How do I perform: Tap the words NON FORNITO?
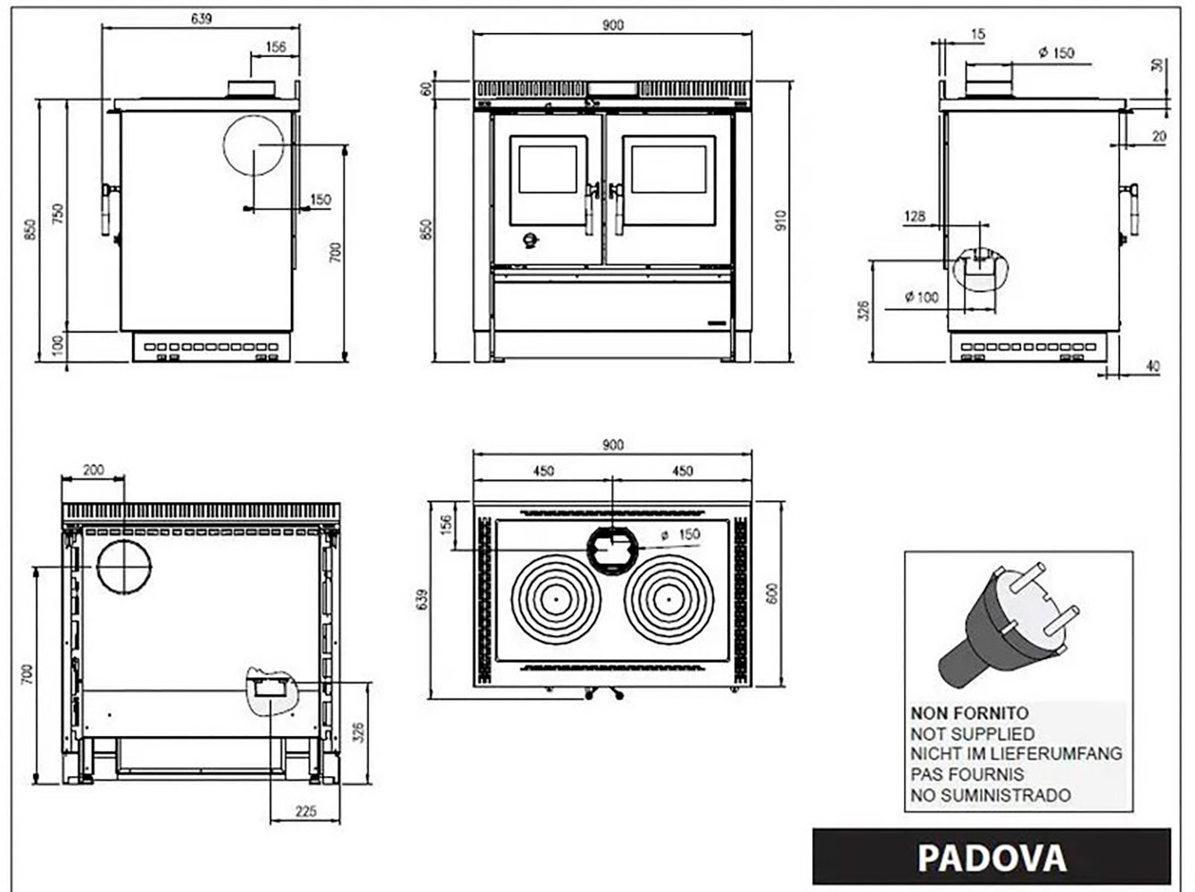pos(969,713)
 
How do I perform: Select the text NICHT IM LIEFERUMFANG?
pos(1017,754)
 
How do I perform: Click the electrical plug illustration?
pos(1008,625)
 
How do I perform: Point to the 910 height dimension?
pos(781,220)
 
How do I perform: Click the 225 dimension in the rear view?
pos(306,812)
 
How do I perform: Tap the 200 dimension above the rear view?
pos(93,470)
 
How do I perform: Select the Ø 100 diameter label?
pos(922,298)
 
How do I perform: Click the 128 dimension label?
pos(915,217)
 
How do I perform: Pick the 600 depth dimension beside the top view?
pos(772,593)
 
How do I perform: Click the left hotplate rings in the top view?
pos(556,599)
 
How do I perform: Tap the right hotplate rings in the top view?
pos(669,599)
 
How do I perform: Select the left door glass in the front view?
pos(548,169)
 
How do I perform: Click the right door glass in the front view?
pos(669,169)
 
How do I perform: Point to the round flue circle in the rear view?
pos(124,567)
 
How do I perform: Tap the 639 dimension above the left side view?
pos(201,19)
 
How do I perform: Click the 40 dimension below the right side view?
pos(1152,367)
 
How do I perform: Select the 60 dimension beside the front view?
pos(427,88)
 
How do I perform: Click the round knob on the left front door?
pos(530,240)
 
